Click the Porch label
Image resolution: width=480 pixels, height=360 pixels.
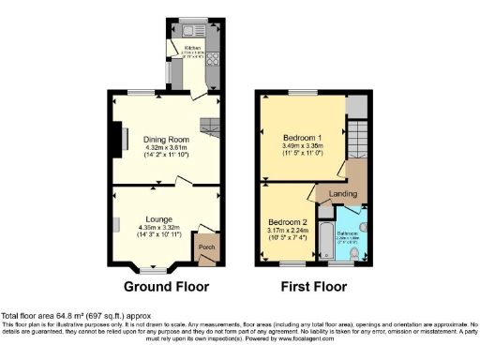tap(204, 247)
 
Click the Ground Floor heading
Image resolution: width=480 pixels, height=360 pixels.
tap(166, 286)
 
